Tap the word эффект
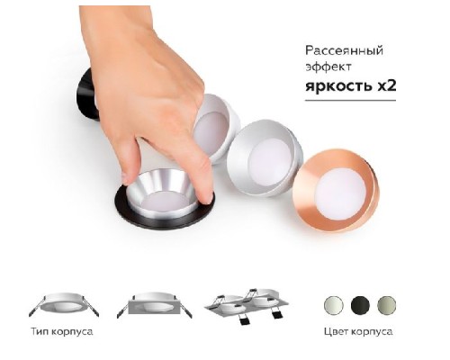(325, 68)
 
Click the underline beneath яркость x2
(346, 99)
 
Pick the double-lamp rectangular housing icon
(244, 306)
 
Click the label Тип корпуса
(65, 333)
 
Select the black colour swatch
(360, 303)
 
